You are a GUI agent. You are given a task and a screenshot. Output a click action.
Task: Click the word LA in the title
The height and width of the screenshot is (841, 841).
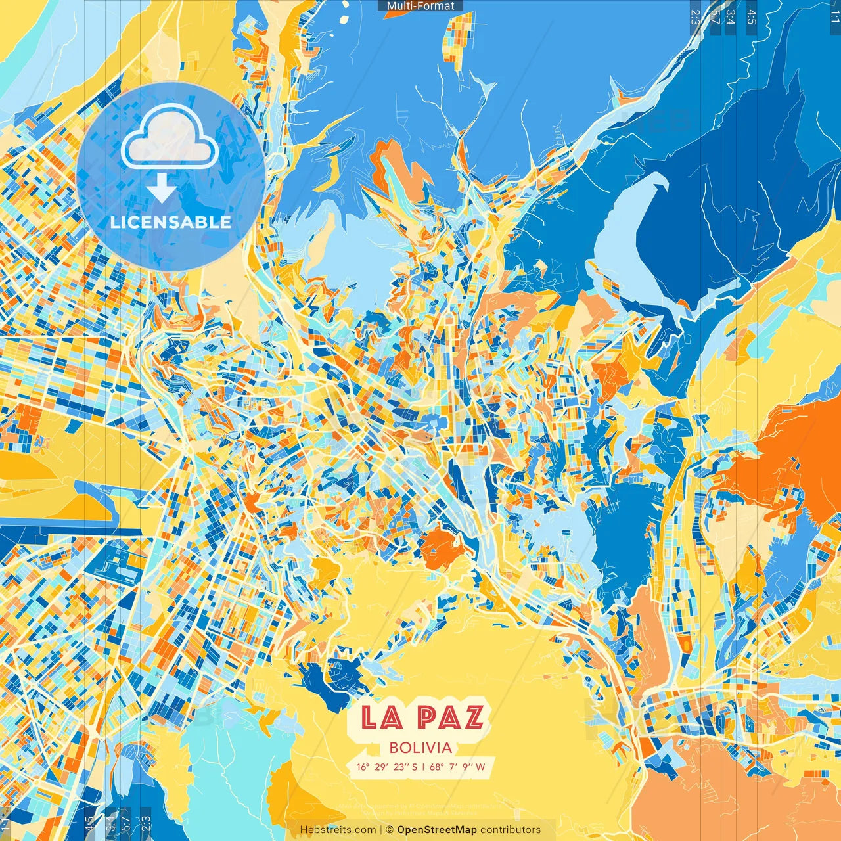381,717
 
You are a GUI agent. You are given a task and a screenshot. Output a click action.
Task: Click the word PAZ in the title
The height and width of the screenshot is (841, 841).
451,717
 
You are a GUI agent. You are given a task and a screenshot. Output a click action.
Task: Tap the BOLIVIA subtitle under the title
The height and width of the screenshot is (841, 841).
420,748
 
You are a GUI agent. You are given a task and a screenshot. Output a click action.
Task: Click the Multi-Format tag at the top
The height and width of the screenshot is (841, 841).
420,6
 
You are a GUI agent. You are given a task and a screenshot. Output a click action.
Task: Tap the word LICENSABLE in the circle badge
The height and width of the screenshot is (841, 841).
171,222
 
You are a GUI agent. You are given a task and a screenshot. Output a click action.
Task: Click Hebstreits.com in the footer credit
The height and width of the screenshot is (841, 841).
338,830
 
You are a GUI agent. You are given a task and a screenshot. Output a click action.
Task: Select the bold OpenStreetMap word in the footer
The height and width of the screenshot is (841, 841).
437,830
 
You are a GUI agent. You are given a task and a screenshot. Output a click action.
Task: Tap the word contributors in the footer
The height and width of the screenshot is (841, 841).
511,830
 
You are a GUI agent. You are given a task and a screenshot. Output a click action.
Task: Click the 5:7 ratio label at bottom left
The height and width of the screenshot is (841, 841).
125,823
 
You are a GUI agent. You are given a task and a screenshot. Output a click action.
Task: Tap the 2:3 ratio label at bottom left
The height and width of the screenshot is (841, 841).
146,823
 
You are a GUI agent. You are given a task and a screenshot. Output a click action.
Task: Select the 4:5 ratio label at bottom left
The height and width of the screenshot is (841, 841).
90,823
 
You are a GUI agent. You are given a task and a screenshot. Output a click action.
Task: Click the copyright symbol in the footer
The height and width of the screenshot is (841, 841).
389,830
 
